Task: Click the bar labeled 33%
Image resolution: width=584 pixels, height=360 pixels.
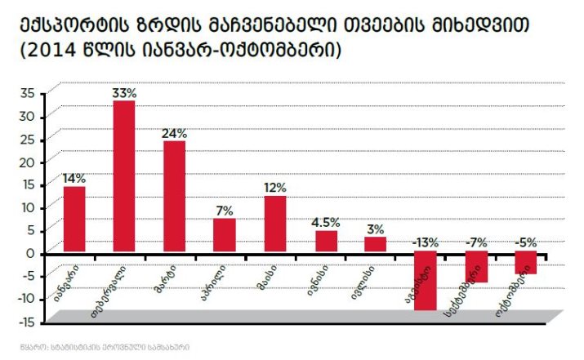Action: coord(124,176)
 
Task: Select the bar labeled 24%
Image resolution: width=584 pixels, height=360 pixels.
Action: coord(174,196)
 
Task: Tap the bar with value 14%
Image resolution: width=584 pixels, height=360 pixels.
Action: coord(74,219)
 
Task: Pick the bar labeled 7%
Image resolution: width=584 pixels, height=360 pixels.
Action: coord(224,235)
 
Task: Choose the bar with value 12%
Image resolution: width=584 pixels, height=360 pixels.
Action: coord(274,224)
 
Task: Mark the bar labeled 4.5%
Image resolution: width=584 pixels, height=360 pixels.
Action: coord(326,242)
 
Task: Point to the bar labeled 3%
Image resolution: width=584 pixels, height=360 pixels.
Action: coord(375,244)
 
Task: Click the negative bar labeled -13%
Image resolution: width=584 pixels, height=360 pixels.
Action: coord(425,281)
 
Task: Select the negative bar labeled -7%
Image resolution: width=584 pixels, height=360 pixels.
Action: coord(476,267)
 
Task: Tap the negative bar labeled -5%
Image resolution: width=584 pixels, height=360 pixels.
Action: coord(526,263)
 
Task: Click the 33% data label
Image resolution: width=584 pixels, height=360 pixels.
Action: coord(124,92)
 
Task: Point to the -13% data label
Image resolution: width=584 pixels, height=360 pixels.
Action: coord(426,242)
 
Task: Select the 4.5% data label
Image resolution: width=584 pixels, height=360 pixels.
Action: coord(326,222)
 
